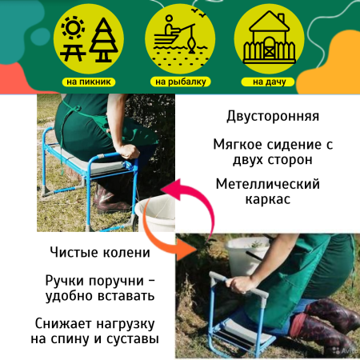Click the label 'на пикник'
pos(90,82)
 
